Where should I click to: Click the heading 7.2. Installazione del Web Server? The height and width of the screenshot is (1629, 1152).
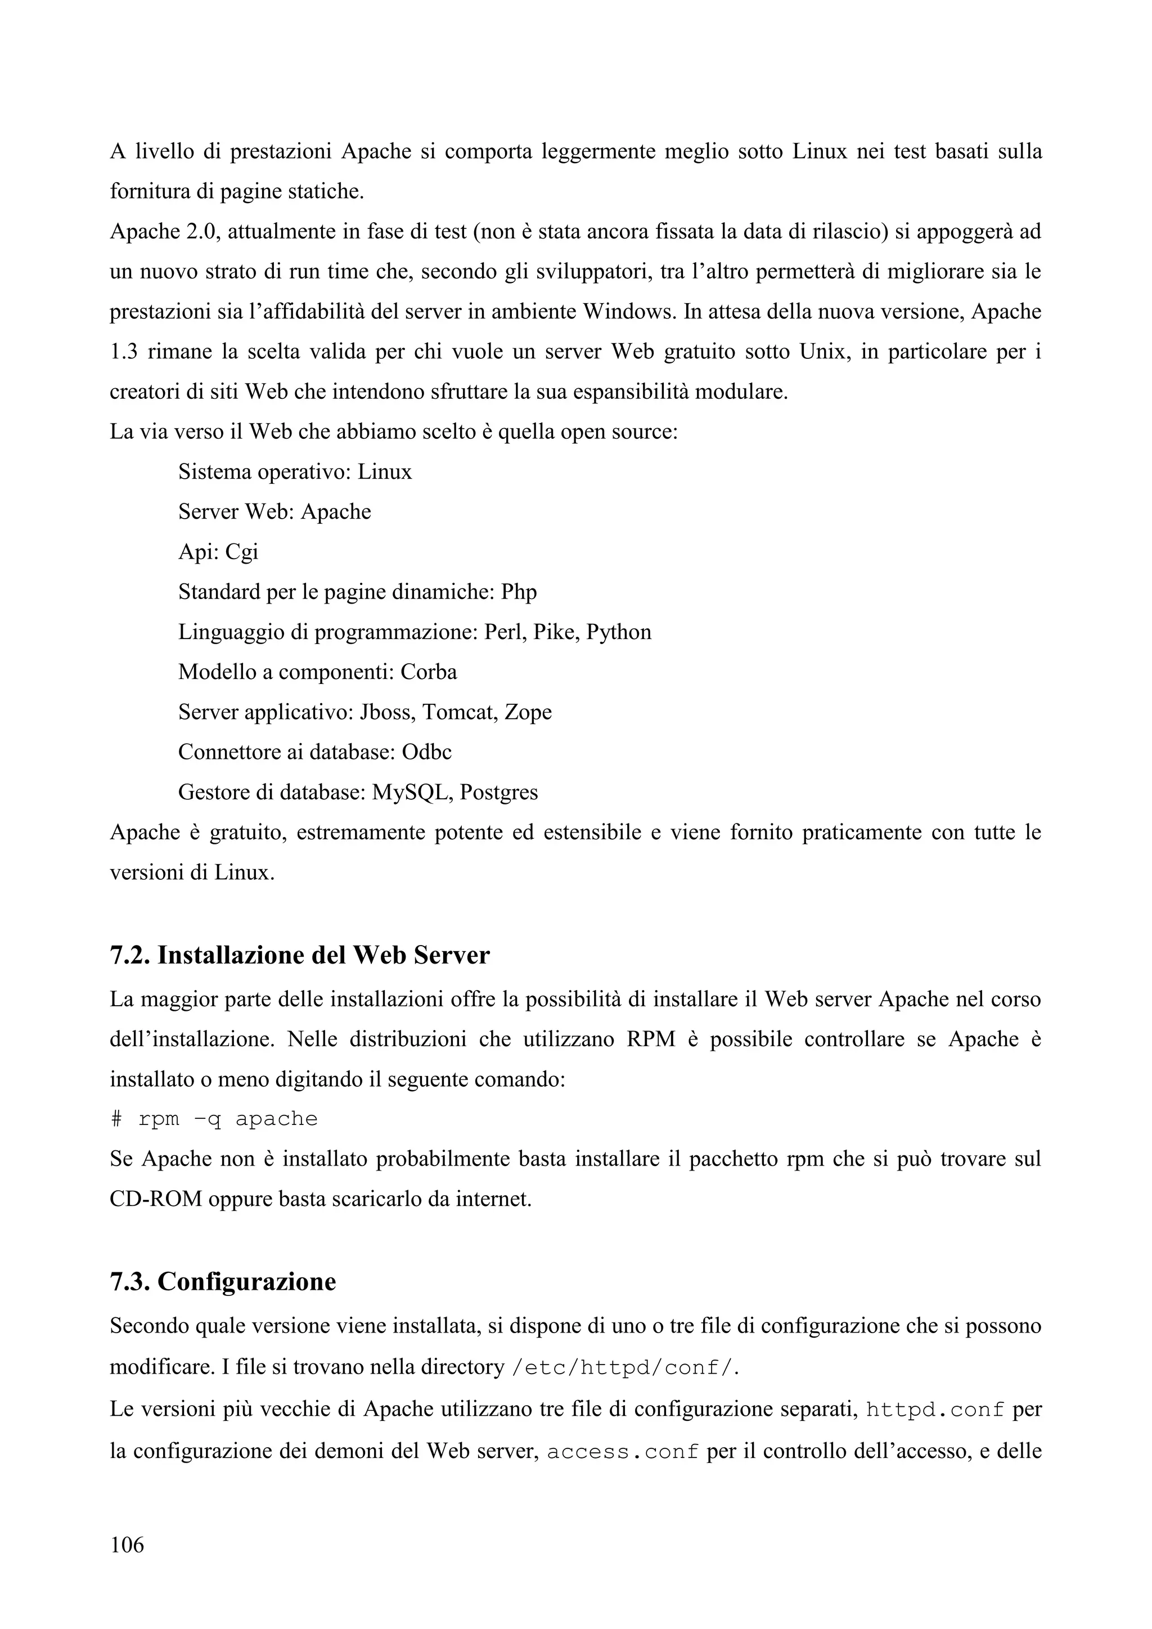(x=299, y=955)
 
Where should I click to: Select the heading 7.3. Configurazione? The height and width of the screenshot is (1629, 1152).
(x=223, y=1281)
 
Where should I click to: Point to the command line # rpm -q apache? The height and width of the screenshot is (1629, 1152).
(x=214, y=1119)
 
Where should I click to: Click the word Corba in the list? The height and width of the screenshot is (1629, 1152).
(x=429, y=671)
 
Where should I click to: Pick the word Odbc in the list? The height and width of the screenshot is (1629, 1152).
(x=426, y=751)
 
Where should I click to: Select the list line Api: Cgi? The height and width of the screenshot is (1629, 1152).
(x=218, y=551)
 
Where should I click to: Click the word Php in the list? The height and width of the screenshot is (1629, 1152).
(x=519, y=591)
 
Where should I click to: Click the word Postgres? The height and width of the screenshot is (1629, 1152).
(x=499, y=792)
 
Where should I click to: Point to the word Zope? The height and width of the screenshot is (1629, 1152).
(x=528, y=712)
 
